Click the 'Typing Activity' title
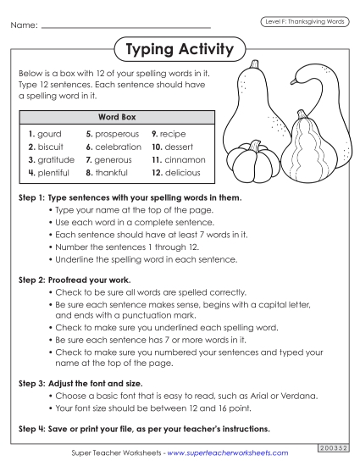point(179,50)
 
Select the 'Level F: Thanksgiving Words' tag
point(302,21)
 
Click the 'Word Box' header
point(118,116)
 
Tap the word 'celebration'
point(119,147)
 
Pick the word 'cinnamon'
point(185,159)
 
